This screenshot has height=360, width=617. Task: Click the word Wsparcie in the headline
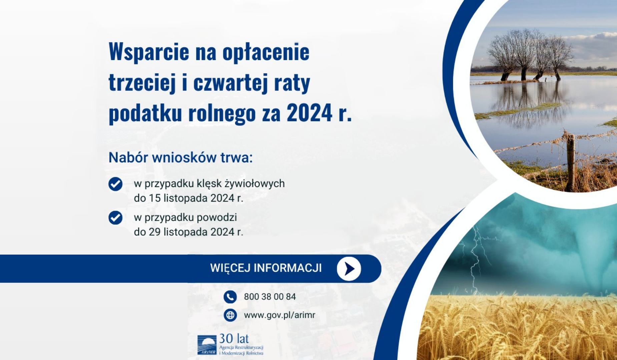pyautogui.click(x=149, y=52)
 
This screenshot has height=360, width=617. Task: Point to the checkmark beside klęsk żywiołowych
pyautogui.click(x=115, y=184)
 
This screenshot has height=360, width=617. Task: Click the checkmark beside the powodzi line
pyautogui.click(x=115, y=218)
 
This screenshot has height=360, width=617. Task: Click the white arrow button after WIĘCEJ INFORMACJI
pyautogui.click(x=349, y=269)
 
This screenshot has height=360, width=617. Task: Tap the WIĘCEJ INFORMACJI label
pyautogui.click(x=266, y=268)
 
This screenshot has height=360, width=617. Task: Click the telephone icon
pyautogui.click(x=230, y=296)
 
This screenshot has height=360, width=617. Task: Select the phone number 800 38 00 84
pyautogui.click(x=270, y=297)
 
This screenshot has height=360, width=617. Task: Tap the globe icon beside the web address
pyautogui.click(x=230, y=315)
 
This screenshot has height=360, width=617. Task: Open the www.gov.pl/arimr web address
pyautogui.click(x=279, y=315)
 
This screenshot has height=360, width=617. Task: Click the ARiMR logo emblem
pyautogui.click(x=207, y=345)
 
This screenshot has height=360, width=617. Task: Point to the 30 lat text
pyautogui.click(x=234, y=339)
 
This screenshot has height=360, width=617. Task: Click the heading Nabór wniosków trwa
pyautogui.click(x=180, y=158)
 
